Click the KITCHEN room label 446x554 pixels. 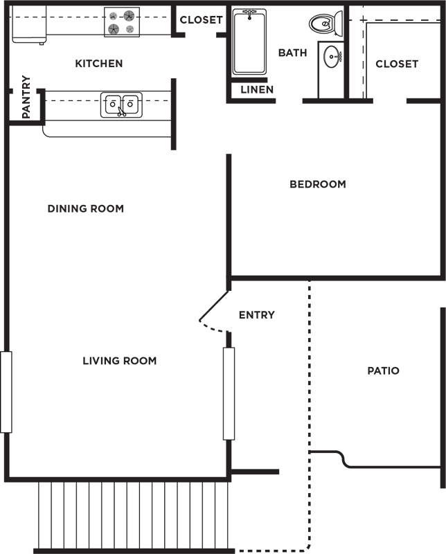[x=99, y=64]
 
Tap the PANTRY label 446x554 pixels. [x=26, y=97]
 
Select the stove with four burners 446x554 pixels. [x=122, y=22]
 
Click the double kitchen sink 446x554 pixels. [x=122, y=105]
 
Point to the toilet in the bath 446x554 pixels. [x=325, y=24]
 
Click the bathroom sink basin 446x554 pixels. [x=332, y=57]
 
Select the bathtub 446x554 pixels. [x=249, y=42]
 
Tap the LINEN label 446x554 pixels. [x=257, y=90]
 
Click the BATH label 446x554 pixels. [x=293, y=53]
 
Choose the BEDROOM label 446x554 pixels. [x=318, y=184]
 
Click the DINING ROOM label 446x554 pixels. [x=86, y=208]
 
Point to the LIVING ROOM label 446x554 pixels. [x=119, y=361]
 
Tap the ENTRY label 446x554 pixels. [x=257, y=315]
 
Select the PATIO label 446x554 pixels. [x=384, y=370]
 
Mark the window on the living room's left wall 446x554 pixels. [x=6, y=392]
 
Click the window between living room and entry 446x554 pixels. [x=229, y=394]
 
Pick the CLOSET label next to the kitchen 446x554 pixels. [x=201, y=20]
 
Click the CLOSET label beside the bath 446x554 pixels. [x=397, y=64]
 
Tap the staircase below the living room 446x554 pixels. [x=134, y=515]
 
